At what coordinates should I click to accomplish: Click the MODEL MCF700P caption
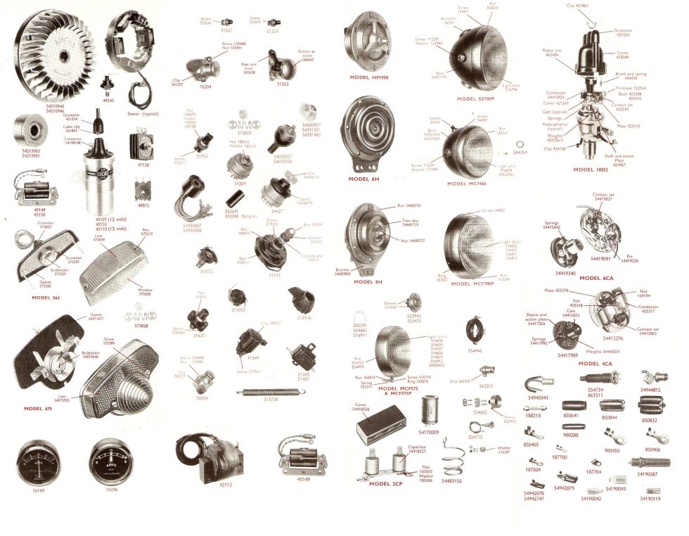click(472, 283)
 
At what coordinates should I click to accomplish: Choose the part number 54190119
click(650, 499)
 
